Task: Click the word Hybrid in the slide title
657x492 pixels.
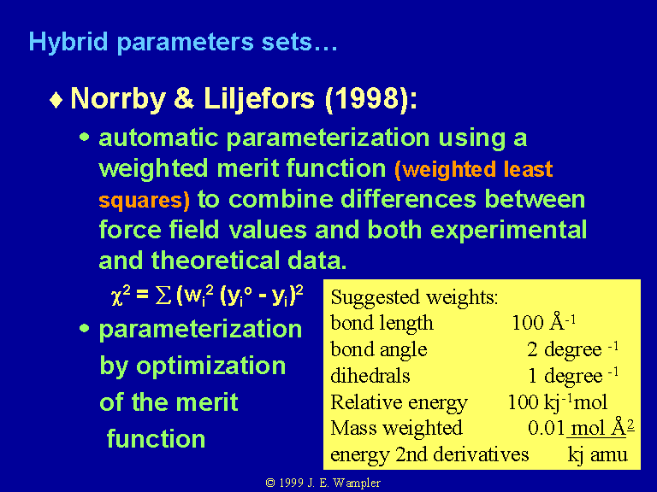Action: coord(68,42)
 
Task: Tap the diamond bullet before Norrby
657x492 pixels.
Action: coord(56,101)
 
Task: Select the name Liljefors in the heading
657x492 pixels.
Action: coord(259,100)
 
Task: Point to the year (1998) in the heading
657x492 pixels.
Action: coord(370,100)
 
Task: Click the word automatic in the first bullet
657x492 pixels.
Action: coord(158,138)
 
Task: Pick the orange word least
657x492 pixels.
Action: coord(528,169)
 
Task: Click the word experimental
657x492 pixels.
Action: coord(509,230)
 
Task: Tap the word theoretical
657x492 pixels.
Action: coord(215,261)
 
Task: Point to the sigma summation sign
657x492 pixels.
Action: coord(163,296)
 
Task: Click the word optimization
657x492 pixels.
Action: coord(211,366)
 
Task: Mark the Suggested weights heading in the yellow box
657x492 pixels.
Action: coord(414,297)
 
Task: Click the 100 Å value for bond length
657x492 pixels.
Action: coord(544,322)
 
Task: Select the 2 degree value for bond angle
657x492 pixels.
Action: coord(572,349)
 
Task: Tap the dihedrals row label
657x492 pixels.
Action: coord(370,375)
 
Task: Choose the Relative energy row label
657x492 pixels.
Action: coord(399,403)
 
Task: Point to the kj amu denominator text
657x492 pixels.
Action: coord(597,455)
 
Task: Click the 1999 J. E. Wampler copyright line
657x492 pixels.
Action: coord(323,483)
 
